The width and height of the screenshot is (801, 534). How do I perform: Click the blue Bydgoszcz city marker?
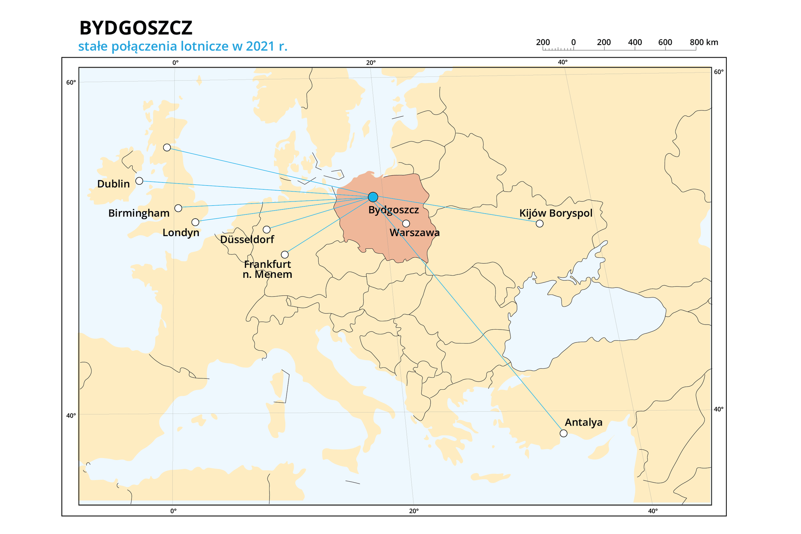click(373, 197)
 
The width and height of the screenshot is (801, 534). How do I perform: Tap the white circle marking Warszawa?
click(406, 223)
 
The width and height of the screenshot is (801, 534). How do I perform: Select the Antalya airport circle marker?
click(563, 433)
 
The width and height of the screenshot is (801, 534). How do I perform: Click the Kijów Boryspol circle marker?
click(539, 223)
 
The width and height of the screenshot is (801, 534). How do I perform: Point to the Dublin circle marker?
click(139, 181)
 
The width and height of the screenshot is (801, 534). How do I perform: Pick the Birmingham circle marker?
click(178, 208)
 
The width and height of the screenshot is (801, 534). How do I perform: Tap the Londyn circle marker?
click(195, 222)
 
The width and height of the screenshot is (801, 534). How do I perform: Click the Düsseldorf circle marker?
click(267, 229)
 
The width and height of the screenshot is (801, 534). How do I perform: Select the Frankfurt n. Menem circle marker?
click(285, 254)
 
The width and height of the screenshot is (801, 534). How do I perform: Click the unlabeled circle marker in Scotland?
click(167, 147)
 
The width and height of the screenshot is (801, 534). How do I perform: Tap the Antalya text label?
click(583, 422)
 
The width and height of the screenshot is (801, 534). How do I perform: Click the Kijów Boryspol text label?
click(556, 213)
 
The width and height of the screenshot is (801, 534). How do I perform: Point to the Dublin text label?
click(113, 184)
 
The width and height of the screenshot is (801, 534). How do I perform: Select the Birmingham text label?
click(139, 213)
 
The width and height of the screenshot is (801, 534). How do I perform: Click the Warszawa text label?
click(414, 233)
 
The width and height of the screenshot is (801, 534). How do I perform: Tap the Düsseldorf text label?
click(247, 239)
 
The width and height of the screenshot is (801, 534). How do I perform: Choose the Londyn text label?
click(181, 232)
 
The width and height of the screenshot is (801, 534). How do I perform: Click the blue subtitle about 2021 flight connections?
click(183, 46)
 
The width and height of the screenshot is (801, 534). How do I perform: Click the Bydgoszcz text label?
click(393, 210)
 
